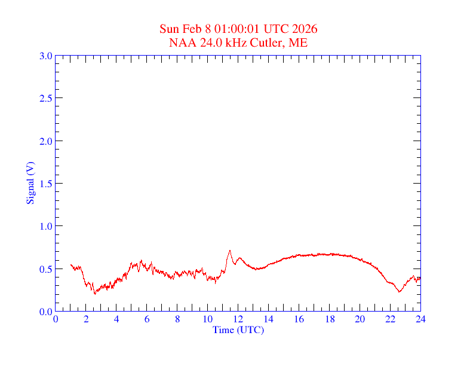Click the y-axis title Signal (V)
click(x=30, y=183)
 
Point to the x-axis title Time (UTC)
click(x=238, y=330)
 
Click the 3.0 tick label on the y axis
click(x=45, y=56)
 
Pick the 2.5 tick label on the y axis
click(x=45, y=98)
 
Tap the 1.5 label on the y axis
click(x=45, y=184)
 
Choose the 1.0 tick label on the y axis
click(x=45, y=226)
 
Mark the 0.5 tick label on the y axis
click(x=45, y=269)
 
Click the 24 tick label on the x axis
click(x=420, y=319)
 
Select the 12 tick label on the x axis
click(x=238, y=319)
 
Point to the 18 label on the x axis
click(x=330, y=319)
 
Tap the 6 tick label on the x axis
click(x=147, y=319)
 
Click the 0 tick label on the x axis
click(x=56, y=319)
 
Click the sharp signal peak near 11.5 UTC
click(x=229, y=251)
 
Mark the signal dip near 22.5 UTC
click(x=399, y=291)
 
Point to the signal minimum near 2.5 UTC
click(x=94, y=293)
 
